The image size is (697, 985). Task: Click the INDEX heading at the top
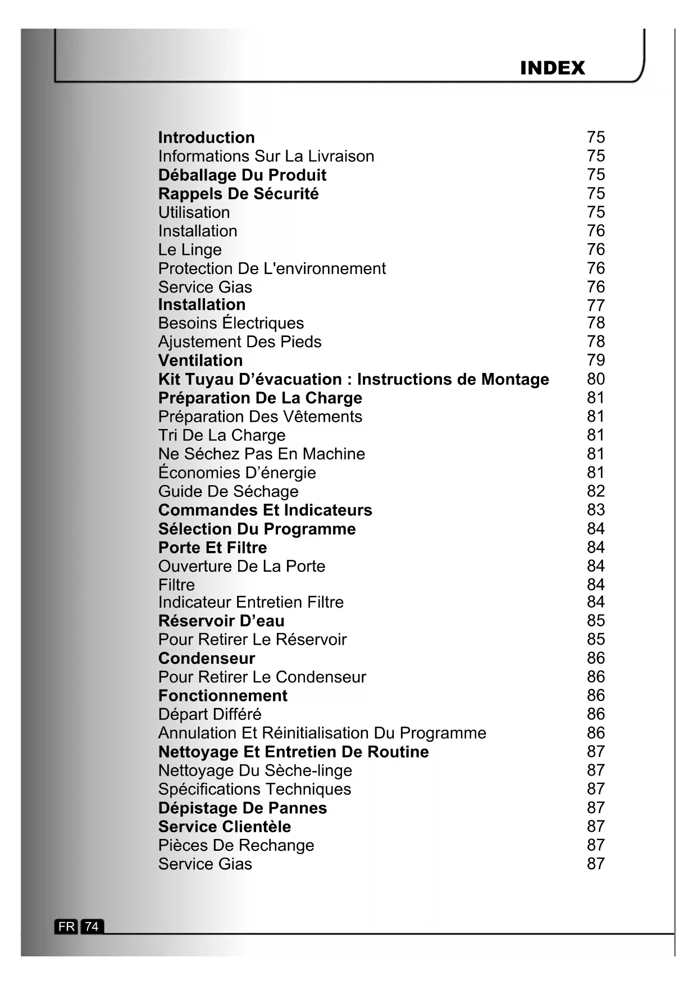(x=552, y=68)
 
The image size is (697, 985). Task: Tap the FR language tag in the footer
(x=66, y=926)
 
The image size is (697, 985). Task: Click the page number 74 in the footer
(x=92, y=926)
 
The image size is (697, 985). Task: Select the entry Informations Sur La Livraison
(x=266, y=156)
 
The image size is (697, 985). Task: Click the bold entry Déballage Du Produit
(x=242, y=175)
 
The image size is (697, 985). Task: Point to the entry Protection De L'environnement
(x=272, y=268)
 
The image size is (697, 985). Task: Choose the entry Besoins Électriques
(x=231, y=323)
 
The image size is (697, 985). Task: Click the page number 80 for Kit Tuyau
(x=595, y=379)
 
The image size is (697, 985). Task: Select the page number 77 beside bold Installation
(x=595, y=305)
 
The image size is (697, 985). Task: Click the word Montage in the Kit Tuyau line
(x=515, y=380)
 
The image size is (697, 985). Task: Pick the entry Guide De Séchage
(x=228, y=491)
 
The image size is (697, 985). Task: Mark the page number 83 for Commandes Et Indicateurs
(x=595, y=510)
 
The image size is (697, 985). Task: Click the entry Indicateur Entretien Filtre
(x=250, y=603)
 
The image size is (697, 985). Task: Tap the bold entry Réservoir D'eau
(x=221, y=621)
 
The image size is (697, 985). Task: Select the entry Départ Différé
(x=209, y=714)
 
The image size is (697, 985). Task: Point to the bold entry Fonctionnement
(x=222, y=696)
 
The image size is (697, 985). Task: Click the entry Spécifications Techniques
(x=254, y=790)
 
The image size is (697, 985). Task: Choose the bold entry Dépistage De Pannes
(x=242, y=808)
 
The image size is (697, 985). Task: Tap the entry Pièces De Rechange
(x=236, y=846)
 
